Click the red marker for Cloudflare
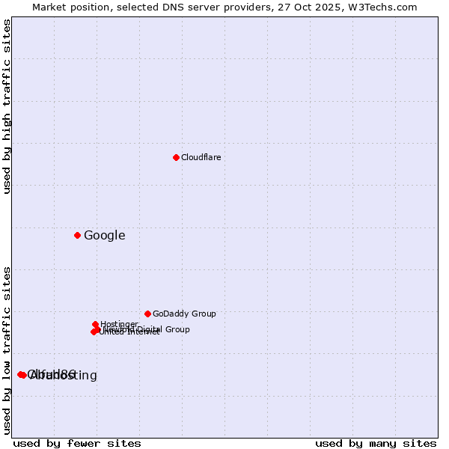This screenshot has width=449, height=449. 176,157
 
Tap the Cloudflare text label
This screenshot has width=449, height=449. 201,157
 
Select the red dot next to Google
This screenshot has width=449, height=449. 77,235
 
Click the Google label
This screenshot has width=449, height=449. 104,236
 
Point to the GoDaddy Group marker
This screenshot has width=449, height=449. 147,314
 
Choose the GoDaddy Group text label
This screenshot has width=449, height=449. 184,314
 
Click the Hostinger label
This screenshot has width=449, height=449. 119,324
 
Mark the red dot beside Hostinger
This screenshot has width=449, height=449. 96,324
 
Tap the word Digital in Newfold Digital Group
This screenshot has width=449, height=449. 151,329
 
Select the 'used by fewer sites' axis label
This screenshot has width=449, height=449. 77,443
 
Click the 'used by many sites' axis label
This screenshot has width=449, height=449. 376,443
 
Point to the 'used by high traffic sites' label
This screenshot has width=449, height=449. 7,106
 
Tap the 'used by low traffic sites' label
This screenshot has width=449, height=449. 7,350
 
